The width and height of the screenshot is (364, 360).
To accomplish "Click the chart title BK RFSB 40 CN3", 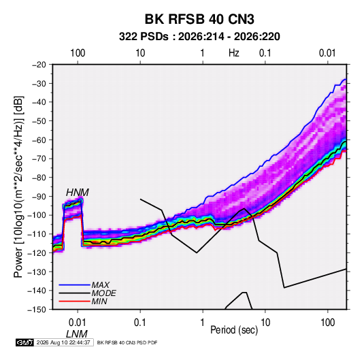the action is click(199, 19).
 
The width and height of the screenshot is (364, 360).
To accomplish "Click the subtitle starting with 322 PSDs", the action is click(199, 37).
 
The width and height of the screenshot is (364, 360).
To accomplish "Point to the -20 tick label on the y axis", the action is click(39, 65).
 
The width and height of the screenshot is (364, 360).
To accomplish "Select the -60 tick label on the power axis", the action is click(39, 140).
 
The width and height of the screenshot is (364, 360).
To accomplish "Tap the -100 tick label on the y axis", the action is click(37, 215).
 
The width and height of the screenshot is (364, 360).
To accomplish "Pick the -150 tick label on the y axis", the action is click(37, 310).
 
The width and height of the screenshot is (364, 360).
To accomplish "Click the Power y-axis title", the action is click(18, 187).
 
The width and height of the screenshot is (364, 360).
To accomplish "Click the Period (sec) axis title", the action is click(234, 329).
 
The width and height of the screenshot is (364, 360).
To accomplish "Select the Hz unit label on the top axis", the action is click(234, 53).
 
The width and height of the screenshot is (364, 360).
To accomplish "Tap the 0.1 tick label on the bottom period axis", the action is click(140, 323).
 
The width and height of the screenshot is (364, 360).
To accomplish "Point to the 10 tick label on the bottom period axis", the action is click(265, 323).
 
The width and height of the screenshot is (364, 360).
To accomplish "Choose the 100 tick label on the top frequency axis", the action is click(78, 53).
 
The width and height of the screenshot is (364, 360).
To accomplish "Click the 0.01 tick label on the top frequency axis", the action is click(327, 53).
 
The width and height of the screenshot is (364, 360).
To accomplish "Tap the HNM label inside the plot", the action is click(78, 193).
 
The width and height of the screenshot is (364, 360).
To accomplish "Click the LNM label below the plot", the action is click(77, 334).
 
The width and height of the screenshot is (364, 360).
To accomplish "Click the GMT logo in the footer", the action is click(24, 342).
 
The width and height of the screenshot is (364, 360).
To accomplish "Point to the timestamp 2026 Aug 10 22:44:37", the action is click(63, 342).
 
